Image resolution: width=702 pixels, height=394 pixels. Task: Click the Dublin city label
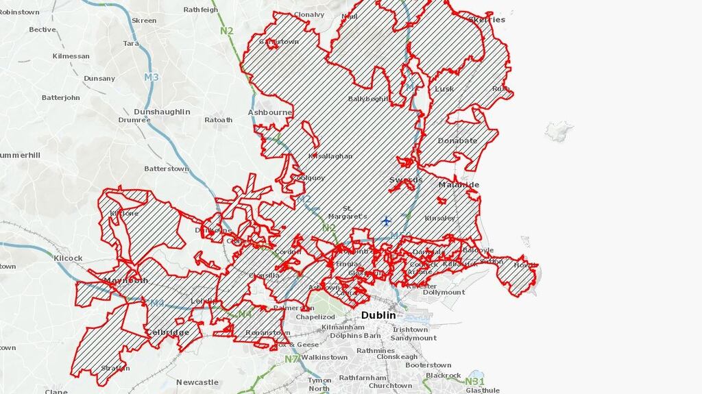[378, 315]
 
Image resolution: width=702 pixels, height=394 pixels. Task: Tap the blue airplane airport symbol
[386, 221]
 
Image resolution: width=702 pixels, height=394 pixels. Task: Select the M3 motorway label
[152, 77]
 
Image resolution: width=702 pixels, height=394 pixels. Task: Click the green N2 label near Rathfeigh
[227, 31]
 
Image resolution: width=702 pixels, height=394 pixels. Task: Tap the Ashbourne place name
[269, 112]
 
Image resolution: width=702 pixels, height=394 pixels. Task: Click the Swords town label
[406, 180]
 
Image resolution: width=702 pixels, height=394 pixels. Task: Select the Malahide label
[459, 185]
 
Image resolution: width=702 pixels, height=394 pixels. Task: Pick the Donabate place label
[457, 141]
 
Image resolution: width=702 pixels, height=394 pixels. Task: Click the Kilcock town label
[68, 258]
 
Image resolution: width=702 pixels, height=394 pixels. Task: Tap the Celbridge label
[167, 332]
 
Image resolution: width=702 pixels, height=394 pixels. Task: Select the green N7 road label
[291, 358]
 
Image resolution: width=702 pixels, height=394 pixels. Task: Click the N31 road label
[474, 382]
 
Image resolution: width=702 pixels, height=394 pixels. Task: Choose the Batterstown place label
[166, 169]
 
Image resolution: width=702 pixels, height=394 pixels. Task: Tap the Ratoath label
[218, 120]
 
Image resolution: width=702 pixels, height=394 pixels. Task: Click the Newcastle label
[197, 382]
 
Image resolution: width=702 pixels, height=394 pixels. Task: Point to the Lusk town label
[444, 89]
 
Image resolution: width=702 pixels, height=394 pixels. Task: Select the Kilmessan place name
[71, 56]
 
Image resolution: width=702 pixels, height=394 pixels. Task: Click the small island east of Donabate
[558, 130]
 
